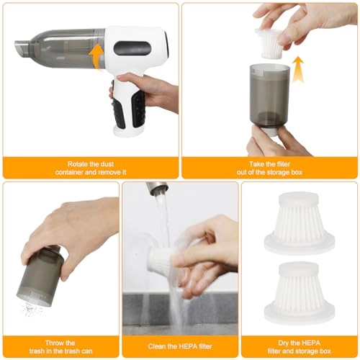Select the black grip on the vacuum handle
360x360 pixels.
point(117,114)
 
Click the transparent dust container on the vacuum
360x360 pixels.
point(65,45)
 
